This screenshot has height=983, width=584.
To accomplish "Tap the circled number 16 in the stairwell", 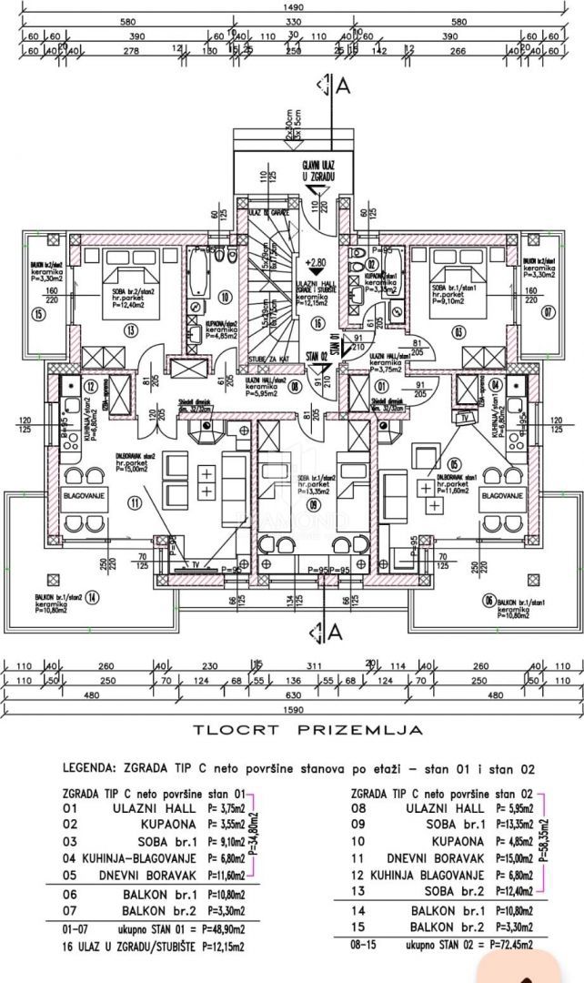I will click(x=317, y=321).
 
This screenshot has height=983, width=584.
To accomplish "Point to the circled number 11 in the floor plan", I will click(x=136, y=502).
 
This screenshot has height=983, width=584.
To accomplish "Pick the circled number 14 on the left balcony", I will click(x=93, y=598).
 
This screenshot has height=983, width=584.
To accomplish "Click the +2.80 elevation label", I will click(x=317, y=260).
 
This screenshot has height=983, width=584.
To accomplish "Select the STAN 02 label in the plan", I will click(x=317, y=357).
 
